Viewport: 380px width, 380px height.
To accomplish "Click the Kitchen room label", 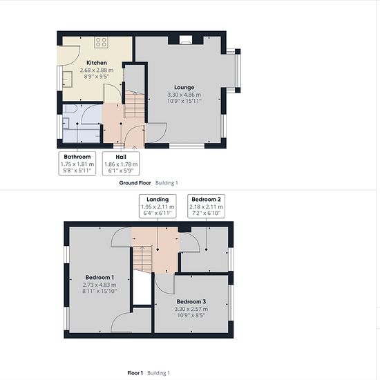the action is [97, 63].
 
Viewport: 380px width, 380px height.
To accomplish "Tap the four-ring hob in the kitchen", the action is [101, 42].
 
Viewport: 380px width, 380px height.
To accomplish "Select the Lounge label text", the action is [184, 88].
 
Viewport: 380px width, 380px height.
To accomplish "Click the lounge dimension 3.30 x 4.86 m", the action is [184, 95].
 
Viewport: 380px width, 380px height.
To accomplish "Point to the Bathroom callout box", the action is [77, 163].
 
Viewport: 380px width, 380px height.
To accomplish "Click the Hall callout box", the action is [121, 163].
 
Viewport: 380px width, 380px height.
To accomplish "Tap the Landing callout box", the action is [158, 207].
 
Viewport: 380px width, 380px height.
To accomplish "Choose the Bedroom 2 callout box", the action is [207, 207].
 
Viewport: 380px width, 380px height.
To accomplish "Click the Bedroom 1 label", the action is [99, 278].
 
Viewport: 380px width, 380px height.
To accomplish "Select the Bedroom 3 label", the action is [191, 302].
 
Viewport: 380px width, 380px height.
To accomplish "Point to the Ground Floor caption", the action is [135, 183].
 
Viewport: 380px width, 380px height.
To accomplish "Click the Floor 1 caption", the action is [135, 373].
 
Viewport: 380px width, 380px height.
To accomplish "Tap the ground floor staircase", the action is [135, 104].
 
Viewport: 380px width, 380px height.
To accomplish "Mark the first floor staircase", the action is [142, 259].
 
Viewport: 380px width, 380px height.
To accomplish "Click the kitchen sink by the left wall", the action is [67, 79].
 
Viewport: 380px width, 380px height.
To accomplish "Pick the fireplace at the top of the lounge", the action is [186, 40].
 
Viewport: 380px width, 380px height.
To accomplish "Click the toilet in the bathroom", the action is [69, 108].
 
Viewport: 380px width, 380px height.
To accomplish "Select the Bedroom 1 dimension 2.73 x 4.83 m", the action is [99, 285].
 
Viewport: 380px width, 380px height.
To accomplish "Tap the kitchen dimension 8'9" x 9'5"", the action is [97, 77].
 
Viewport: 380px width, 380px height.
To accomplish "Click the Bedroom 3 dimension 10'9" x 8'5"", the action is [191, 315].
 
